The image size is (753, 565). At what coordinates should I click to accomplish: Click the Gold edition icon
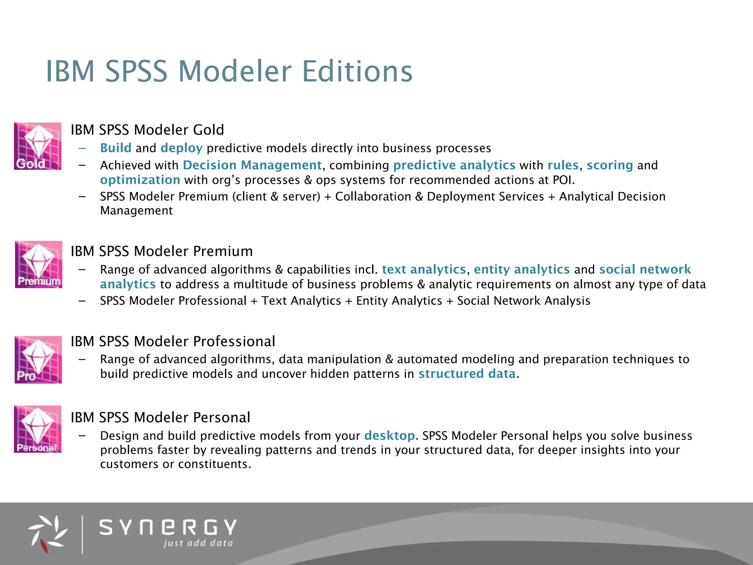pyautogui.click(x=38, y=146)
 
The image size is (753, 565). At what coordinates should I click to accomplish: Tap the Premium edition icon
pyautogui.click(x=38, y=264)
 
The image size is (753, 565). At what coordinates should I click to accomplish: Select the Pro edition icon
pyautogui.click(x=38, y=360)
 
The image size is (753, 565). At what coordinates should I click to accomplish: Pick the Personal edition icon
pyautogui.click(x=38, y=429)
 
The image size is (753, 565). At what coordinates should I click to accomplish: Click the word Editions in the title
pyautogui.click(x=357, y=71)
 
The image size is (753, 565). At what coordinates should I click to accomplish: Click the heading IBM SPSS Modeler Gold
pyautogui.click(x=147, y=130)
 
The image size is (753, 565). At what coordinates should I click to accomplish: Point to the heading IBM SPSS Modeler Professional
pyautogui.click(x=173, y=341)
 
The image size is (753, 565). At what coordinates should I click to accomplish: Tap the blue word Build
pyautogui.click(x=115, y=148)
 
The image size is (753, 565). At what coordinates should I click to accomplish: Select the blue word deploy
pyautogui.click(x=182, y=148)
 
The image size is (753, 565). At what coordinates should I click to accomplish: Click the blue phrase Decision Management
pyautogui.click(x=252, y=165)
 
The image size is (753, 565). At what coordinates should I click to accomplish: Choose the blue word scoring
pyautogui.click(x=610, y=166)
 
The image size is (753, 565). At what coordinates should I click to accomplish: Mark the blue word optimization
pyautogui.click(x=140, y=180)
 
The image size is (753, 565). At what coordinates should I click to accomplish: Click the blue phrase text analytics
pyautogui.click(x=424, y=270)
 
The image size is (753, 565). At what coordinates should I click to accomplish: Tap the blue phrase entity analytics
pyautogui.click(x=522, y=270)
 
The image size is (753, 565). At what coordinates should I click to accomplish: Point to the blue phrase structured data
pyautogui.click(x=467, y=374)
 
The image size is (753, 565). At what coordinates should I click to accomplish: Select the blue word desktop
pyautogui.click(x=389, y=436)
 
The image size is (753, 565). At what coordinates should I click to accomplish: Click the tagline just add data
pyautogui.click(x=198, y=543)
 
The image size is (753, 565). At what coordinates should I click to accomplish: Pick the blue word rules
pyautogui.click(x=563, y=165)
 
